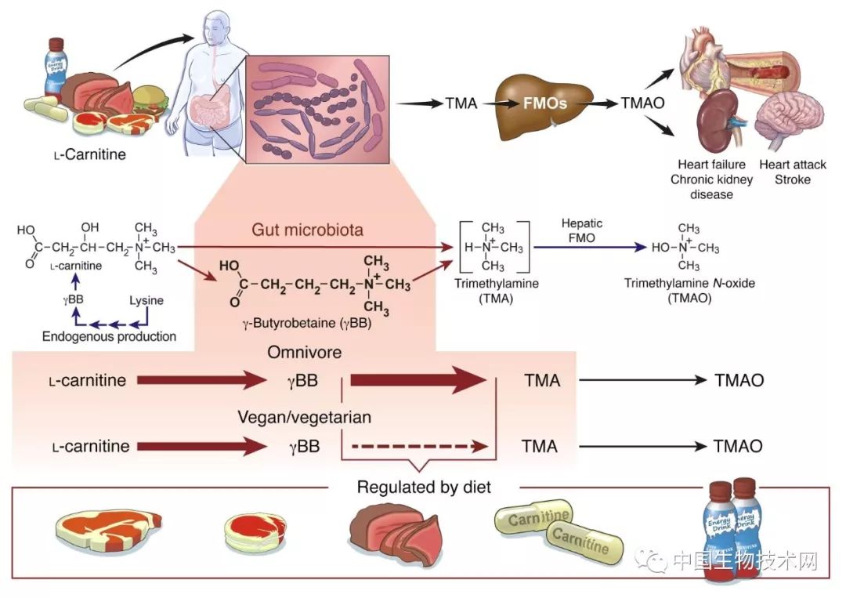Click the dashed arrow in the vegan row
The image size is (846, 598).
point(414,447)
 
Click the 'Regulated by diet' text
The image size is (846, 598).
point(424,487)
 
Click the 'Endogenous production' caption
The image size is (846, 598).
point(109,337)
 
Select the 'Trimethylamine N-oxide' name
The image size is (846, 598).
point(689,283)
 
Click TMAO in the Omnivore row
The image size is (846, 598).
point(739,382)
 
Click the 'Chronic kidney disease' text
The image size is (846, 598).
point(711,187)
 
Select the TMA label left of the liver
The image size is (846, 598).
point(461,103)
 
